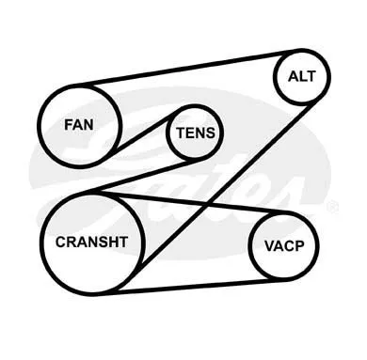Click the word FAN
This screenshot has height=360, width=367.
pos(79,125)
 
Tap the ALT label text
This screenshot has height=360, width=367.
pos(302,76)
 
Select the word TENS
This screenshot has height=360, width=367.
pos(196,133)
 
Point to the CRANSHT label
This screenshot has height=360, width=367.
pos(91,242)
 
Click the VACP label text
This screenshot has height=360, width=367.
pos(284,246)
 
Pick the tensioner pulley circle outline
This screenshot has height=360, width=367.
pos(168,133)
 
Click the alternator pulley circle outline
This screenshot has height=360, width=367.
pos(275,76)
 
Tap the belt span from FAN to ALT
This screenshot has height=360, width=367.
pos(188,68)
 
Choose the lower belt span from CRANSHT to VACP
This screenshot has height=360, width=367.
pos(191,287)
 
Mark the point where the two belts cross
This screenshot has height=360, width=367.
pos(205,204)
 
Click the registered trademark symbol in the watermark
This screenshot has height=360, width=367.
pos(332,208)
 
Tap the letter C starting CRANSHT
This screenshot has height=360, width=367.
pos(60,242)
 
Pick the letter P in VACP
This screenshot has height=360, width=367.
pos(299,246)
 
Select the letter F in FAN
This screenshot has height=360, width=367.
pos(69,125)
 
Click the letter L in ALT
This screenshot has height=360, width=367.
pos(301,76)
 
